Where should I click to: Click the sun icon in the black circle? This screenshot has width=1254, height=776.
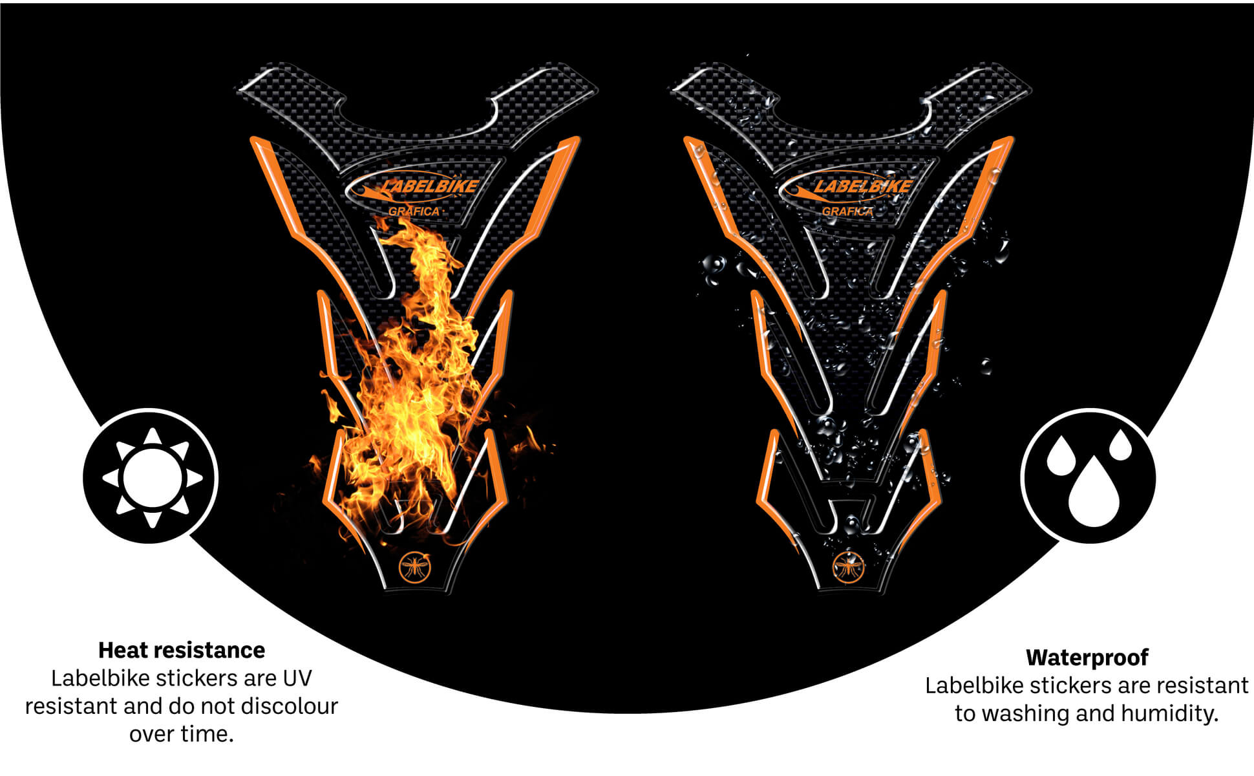point(151,477)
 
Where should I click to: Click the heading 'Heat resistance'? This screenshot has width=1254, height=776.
point(182,650)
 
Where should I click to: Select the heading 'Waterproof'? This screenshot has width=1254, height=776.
point(1087,657)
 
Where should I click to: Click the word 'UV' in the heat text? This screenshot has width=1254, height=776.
point(297,678)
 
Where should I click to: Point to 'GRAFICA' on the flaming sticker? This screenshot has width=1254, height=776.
point(414,211)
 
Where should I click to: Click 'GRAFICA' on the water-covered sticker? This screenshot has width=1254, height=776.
point(847,211)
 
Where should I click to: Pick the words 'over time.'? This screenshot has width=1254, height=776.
point(182,734)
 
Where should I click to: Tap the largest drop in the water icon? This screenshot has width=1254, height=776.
point(1094,493)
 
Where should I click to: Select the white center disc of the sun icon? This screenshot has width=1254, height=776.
point(152,477)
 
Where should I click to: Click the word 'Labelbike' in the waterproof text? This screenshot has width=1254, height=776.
point(974,685)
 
